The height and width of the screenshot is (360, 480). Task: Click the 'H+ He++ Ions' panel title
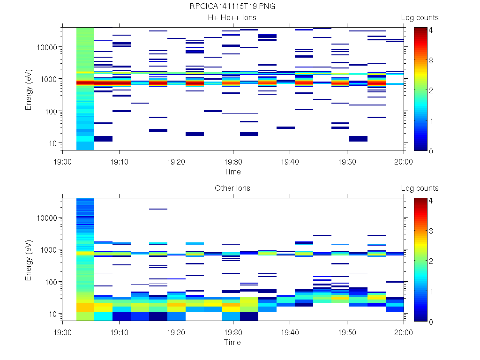[x=232, y=18]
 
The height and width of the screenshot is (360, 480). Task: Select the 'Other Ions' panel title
[x=232, y=188]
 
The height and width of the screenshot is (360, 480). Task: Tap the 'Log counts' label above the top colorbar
[x=420, y=18]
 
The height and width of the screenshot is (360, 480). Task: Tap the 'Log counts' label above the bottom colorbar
[x=420, y=188]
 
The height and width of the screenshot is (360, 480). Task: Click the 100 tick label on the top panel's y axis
[x=51, y=112]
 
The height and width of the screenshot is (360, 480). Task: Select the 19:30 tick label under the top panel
[x=232, y=162]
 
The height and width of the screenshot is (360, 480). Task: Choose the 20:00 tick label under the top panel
[x=404, y=162]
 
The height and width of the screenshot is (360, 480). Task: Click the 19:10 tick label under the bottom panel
[x=119, y=332]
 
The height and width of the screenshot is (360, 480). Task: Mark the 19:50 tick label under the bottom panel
[x=346, y=332]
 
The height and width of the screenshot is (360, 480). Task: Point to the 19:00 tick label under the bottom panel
[x=62, y=332]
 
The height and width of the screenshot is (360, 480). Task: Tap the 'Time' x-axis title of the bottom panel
[x=232, y=343]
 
